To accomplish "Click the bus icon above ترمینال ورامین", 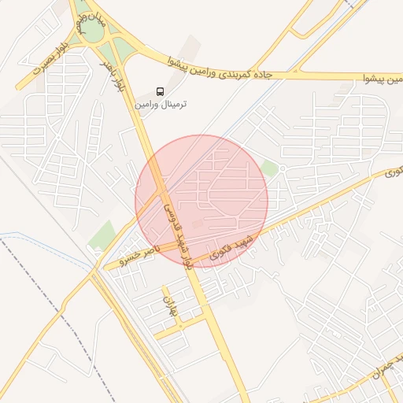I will [161, 91].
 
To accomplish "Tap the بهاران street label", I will [171, 306].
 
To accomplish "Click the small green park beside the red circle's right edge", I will [270, 168].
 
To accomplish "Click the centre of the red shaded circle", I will [201, 201].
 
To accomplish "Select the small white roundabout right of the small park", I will [283, 168].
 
